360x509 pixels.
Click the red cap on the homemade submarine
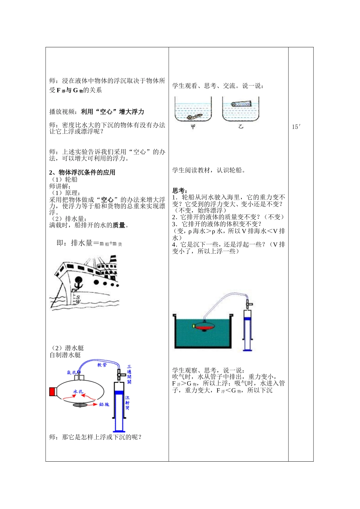52,392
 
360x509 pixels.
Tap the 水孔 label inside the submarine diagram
78,391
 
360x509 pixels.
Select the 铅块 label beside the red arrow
104,405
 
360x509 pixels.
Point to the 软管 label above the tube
102,365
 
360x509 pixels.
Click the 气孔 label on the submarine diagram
72,372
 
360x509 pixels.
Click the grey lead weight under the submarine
80,405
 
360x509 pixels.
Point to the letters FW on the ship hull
75,290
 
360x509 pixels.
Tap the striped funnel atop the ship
113,259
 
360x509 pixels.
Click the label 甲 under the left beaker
193,127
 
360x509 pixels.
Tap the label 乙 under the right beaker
241,127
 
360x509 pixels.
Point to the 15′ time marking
296,127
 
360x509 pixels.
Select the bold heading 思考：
180,190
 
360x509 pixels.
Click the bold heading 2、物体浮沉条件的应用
82,172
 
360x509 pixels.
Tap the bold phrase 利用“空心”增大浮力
113,112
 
